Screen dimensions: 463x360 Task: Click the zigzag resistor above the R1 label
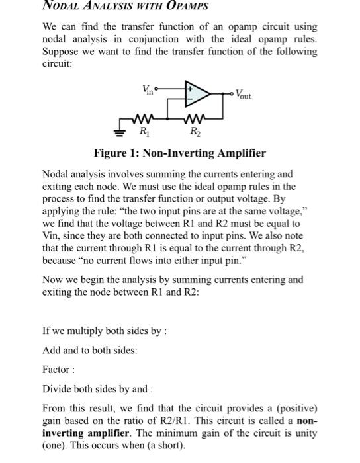(x=144, y=121)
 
